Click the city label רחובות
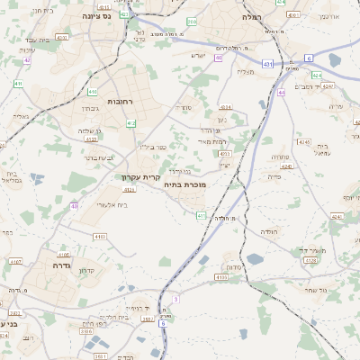point(120,101)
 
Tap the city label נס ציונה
point(95,16)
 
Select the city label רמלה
point(251,17)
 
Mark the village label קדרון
point(87,270)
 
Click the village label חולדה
point(270,231)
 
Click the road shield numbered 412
point(131,123)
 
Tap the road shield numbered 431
point(267,64)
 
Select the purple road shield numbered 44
point(281,92)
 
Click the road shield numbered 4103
point(100,236)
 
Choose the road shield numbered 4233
point(224,154)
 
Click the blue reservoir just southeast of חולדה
point(256,259)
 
